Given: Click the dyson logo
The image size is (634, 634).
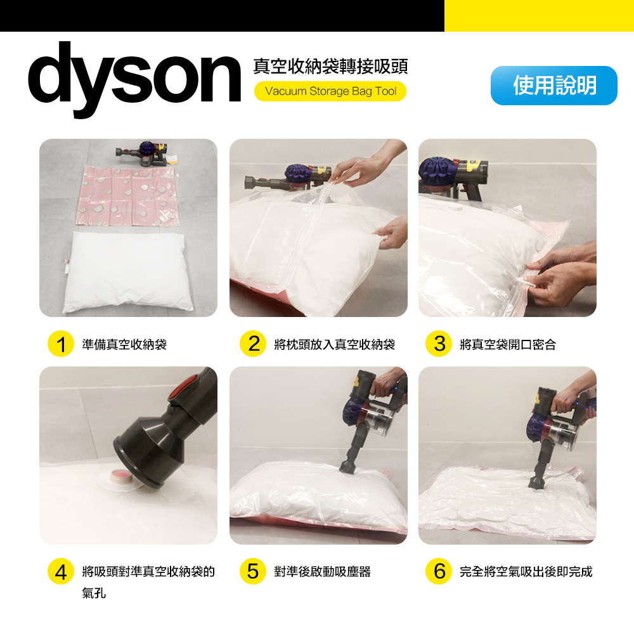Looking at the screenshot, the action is coord(134,78).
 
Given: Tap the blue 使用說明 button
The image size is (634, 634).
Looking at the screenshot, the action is coord(553,86).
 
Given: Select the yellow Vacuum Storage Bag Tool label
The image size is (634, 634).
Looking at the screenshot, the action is coord(330,91).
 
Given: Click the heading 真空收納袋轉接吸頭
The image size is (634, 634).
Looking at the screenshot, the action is coord(330,67).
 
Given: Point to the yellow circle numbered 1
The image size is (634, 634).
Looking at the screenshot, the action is coord(61,344).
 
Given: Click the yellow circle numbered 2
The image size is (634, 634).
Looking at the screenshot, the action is coord(253,344).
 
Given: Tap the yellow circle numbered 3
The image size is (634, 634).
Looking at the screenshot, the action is coord(439,344).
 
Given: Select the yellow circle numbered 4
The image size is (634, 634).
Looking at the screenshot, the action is coord(61,571).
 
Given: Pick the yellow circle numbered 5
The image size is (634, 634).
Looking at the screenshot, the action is coord(253,571).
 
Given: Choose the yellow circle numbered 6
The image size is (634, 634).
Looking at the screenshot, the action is coord(439,571).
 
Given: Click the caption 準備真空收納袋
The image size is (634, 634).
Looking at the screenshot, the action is coord(124,344).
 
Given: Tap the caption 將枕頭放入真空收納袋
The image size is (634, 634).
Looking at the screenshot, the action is coord(334,344).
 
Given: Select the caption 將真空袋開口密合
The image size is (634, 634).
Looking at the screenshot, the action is coord(508,344).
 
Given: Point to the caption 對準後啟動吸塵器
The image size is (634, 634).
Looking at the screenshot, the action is coord(322,572).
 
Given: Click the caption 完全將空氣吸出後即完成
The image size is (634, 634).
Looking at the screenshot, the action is coord(526,572).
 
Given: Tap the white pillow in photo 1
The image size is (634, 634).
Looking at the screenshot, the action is coord(127,272).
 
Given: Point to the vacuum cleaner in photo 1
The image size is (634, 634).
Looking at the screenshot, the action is coord(143,153).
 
